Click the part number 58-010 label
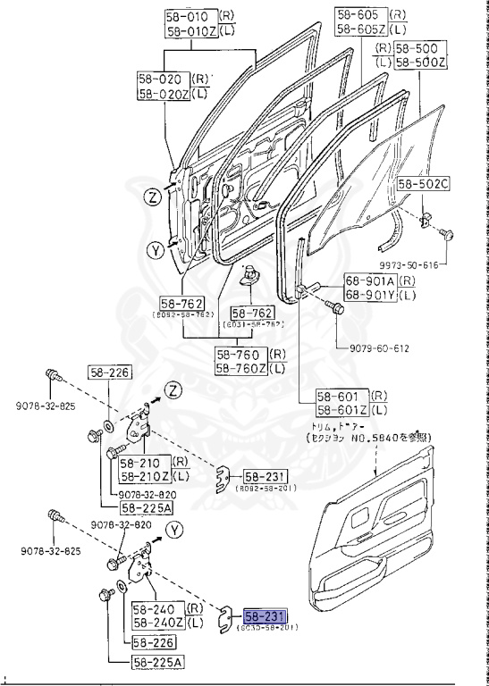coord(185,17)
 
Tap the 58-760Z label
coord(240,368)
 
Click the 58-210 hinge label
coord(139,464)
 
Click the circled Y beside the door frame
coord(155,251)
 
